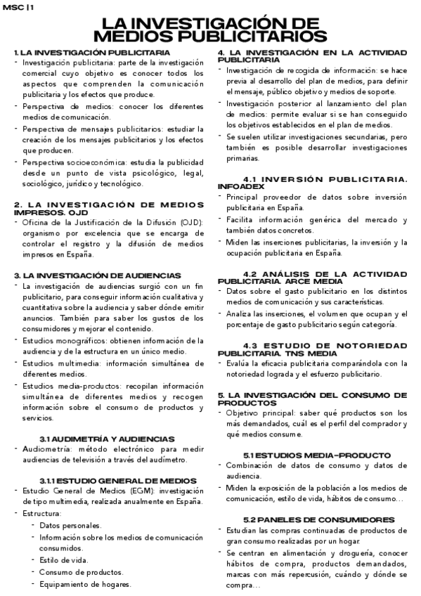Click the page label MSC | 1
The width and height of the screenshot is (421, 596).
pyautogui.click(x=17, y=6)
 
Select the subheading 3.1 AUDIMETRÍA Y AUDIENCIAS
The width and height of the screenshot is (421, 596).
pyautogui.click(x=108, y=439)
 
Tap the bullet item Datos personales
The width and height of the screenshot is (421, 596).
pyautogui.click(x=70, y=525)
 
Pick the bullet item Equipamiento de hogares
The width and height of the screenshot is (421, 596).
pyautogui.click(x=85, y=584)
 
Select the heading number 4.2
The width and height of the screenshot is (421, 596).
pyautogui.click(x=253, y=273)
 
